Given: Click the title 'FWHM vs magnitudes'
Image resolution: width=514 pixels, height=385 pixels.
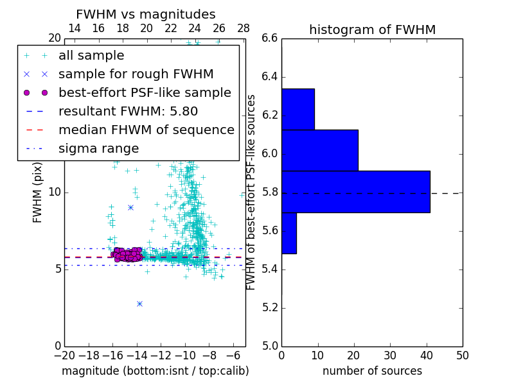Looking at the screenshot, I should [x=146, y=15].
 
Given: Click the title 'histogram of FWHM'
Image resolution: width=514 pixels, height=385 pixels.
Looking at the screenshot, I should [x=372, y=30].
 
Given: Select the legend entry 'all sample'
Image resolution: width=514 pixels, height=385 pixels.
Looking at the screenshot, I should [x=91, y=56].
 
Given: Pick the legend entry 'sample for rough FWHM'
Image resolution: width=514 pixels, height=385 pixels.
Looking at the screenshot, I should [x=136, y=74].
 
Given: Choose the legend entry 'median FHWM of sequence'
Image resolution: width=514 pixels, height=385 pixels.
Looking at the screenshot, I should [x=146, y=130].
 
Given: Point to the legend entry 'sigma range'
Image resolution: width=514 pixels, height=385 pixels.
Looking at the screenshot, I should [x=98, y=148].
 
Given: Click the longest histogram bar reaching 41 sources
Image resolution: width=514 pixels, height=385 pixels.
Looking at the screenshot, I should [x=355, y=191].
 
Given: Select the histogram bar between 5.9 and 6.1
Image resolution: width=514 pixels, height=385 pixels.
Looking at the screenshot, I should [x=319, y=150].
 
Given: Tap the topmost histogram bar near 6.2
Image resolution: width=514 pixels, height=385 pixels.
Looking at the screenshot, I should [x=297, y=109].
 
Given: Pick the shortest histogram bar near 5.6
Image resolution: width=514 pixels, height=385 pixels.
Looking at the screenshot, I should [x=288, y=233].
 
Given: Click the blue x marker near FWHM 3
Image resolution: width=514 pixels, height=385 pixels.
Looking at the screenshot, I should [x=139, y=304].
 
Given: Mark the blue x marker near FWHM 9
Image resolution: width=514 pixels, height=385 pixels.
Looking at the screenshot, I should [x=130, y=207].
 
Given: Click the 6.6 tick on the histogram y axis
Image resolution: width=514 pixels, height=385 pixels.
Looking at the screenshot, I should [x=270, y=38].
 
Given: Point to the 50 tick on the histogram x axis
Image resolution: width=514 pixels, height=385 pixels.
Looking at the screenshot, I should [x=462, y=355].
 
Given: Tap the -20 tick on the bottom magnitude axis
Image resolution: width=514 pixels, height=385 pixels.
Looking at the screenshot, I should [x=64, y=355].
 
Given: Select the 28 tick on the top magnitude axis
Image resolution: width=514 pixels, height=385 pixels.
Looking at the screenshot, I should [x=244, y=28].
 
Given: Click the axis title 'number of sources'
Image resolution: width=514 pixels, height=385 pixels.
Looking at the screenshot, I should [x=372, y=371].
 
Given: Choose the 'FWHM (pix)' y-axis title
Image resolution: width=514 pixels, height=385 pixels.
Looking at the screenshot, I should [x=38, y=192].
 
